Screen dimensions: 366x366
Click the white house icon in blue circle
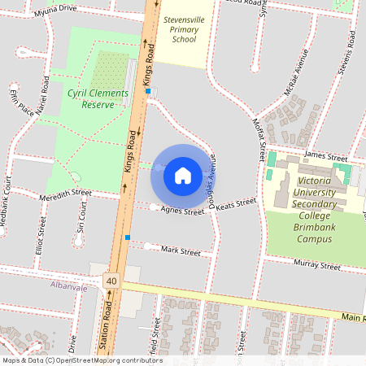[x=182, y=175]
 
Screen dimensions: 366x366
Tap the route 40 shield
[x=111, y=281]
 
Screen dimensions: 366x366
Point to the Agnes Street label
[x=181, y=211]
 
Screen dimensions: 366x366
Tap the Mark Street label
[x=181, y=252]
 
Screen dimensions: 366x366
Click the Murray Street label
[x=318, y=265]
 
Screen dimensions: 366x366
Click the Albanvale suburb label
[x=68, y=287]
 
